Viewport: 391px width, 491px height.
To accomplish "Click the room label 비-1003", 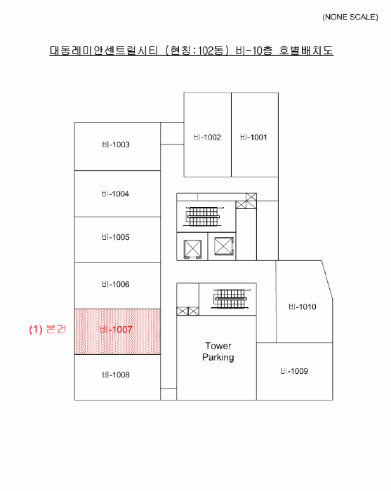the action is pos(116,144).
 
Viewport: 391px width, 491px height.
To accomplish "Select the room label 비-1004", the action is pos(115,194).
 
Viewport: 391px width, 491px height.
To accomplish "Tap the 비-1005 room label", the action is pos(116,237).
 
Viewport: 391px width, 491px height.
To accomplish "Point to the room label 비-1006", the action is pos(116,284).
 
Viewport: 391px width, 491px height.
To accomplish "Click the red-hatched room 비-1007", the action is pos(117,332).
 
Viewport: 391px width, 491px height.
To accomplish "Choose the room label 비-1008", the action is pos(116,375).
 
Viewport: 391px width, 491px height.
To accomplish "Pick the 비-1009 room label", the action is pos(294,371).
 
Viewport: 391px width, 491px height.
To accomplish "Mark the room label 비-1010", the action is pos(303,307).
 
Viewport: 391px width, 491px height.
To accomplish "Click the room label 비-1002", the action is pos(207,137).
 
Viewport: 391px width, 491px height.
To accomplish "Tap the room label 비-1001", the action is pos(253,137).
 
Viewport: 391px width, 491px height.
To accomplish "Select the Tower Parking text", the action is pos(218,351).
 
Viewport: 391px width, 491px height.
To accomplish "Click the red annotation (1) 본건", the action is pos(48,329).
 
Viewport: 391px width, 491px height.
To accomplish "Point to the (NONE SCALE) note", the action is pos(350,17).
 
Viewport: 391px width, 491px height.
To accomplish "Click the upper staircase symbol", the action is pos(204,216).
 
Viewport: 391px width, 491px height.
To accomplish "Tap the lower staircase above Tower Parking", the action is pos(231,299).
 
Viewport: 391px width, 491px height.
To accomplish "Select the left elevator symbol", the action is pos(192,249).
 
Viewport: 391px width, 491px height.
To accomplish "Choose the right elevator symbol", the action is pos(224,246).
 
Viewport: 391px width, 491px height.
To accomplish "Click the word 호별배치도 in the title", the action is pos(306,51).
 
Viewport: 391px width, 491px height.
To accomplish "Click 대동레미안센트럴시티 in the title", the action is pos(104,51).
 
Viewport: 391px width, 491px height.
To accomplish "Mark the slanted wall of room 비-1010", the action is pos(327,280).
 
